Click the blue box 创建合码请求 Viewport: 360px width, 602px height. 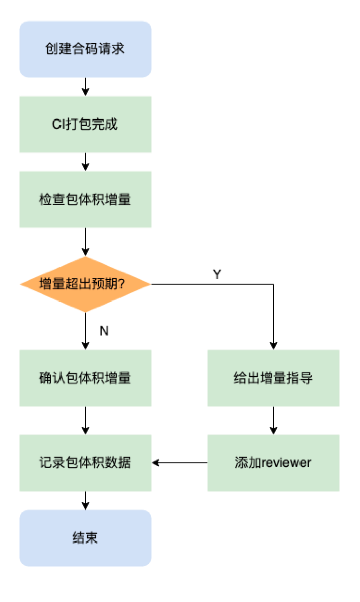coord(85,49)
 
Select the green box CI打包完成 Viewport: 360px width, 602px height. coord(85,124)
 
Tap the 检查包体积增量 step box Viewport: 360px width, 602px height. coord(85,199)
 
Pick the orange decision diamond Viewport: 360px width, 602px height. coord(85,284)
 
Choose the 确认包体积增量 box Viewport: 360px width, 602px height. coord(85,378)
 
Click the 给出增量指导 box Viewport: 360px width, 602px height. coord(273,378)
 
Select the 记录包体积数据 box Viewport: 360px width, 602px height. coord(85,462)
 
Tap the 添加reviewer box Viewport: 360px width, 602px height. coord(273,462)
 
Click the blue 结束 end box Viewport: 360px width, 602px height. coord(85,538)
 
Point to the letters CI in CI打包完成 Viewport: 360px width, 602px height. coord(58,125)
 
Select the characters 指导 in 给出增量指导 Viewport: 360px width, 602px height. coord(299,378)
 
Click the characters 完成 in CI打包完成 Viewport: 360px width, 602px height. coord(105,124)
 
